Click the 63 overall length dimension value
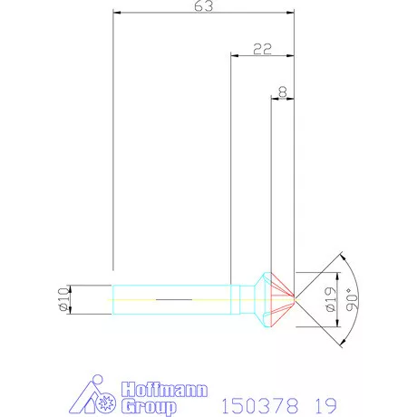203,6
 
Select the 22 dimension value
262,49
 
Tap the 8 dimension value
283,92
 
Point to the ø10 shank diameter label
63,299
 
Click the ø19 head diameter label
331,299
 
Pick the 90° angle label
352,299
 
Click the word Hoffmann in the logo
165,390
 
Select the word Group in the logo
149,406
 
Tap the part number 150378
260,405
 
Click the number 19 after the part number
325,405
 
